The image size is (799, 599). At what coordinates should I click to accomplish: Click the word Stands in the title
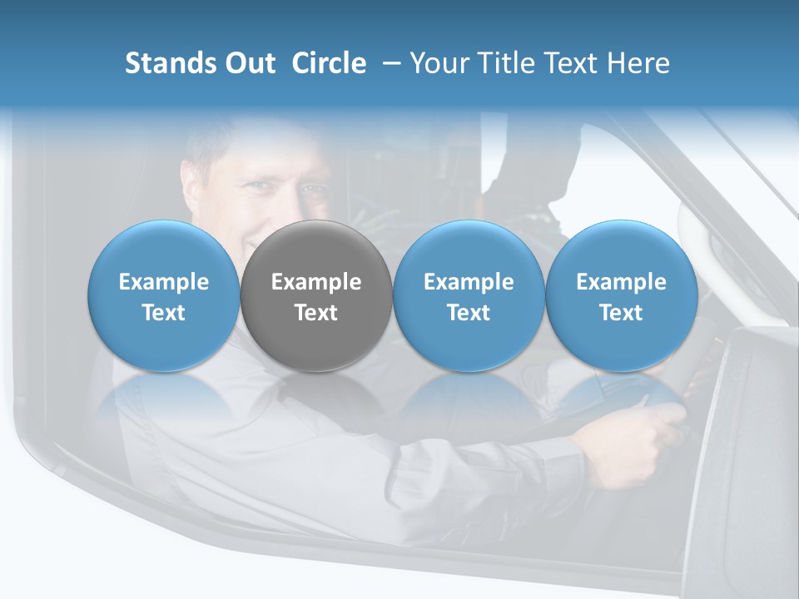(x=170, y=63)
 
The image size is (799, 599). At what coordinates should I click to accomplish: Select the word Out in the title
(x=249, y=63)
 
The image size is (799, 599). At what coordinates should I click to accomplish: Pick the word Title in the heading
(x=517, y=63)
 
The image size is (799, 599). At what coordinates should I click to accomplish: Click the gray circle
(x=316, y=295)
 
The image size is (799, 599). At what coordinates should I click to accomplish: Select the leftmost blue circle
(x=164, y=295)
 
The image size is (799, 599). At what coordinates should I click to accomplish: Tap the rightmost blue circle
(x=622, y=295)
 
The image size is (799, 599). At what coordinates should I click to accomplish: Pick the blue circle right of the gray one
(x=469, y=295)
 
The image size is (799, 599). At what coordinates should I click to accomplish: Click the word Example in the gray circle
(x=316, y=282)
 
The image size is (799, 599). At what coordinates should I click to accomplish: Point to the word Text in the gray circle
(x=316, y=313)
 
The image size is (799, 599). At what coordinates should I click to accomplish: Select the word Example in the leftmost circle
(x=164, y=282)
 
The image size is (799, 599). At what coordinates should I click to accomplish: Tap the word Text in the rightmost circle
(x=622, y=313)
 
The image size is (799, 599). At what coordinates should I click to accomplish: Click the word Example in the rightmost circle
(x=622, y=282)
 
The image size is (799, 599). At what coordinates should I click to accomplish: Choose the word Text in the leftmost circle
(x=164, y=313)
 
